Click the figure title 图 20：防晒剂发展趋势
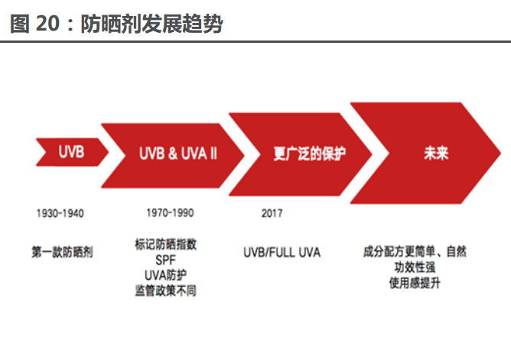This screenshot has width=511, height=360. [x=116, y=24]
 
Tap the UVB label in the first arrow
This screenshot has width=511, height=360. [x=71, y=152]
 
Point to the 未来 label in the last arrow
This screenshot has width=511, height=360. [x=435, y=152]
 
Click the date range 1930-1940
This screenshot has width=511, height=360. [x=59, y=213]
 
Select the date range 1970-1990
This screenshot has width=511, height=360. [x=170, y=212]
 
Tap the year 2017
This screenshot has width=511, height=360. [x=271, y=213]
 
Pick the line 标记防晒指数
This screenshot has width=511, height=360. [x=164, y=245]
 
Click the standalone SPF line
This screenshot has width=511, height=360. [x=165, y=260]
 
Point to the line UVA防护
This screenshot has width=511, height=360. [x=165, y=275]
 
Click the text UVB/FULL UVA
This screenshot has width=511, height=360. [x=282, y=251]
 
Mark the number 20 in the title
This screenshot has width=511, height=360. [x=46, y=24]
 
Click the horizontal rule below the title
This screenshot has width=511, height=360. [x=255, y=42]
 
